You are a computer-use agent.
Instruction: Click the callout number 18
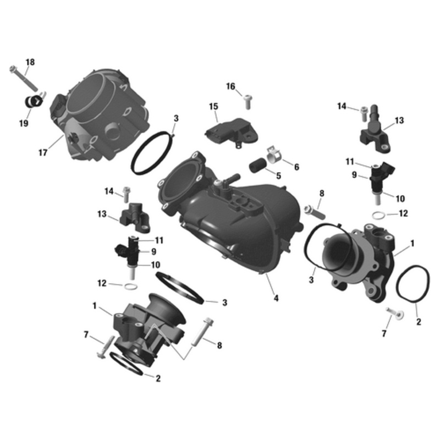click(x=30, y=63)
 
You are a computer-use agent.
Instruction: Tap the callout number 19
click(x=23, y=124)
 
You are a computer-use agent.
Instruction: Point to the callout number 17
click(x=43, y=152)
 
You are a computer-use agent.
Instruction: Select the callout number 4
click(x=276, y=299)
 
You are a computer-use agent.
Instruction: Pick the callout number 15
click(x=213, y=106)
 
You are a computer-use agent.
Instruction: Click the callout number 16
click(x=230, y=86)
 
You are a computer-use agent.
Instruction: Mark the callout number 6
click(x=296, y=167)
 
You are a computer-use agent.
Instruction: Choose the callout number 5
click(x=278, y=176)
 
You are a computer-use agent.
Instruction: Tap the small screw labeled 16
click(x=248, y=101)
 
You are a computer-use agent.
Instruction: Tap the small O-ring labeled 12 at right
click(x=379, y=215)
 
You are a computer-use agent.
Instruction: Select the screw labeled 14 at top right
click(x=364, y=112)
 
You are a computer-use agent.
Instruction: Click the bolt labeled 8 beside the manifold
click(x=312, y=210)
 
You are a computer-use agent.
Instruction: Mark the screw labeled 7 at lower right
click(x=394, y=313)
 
